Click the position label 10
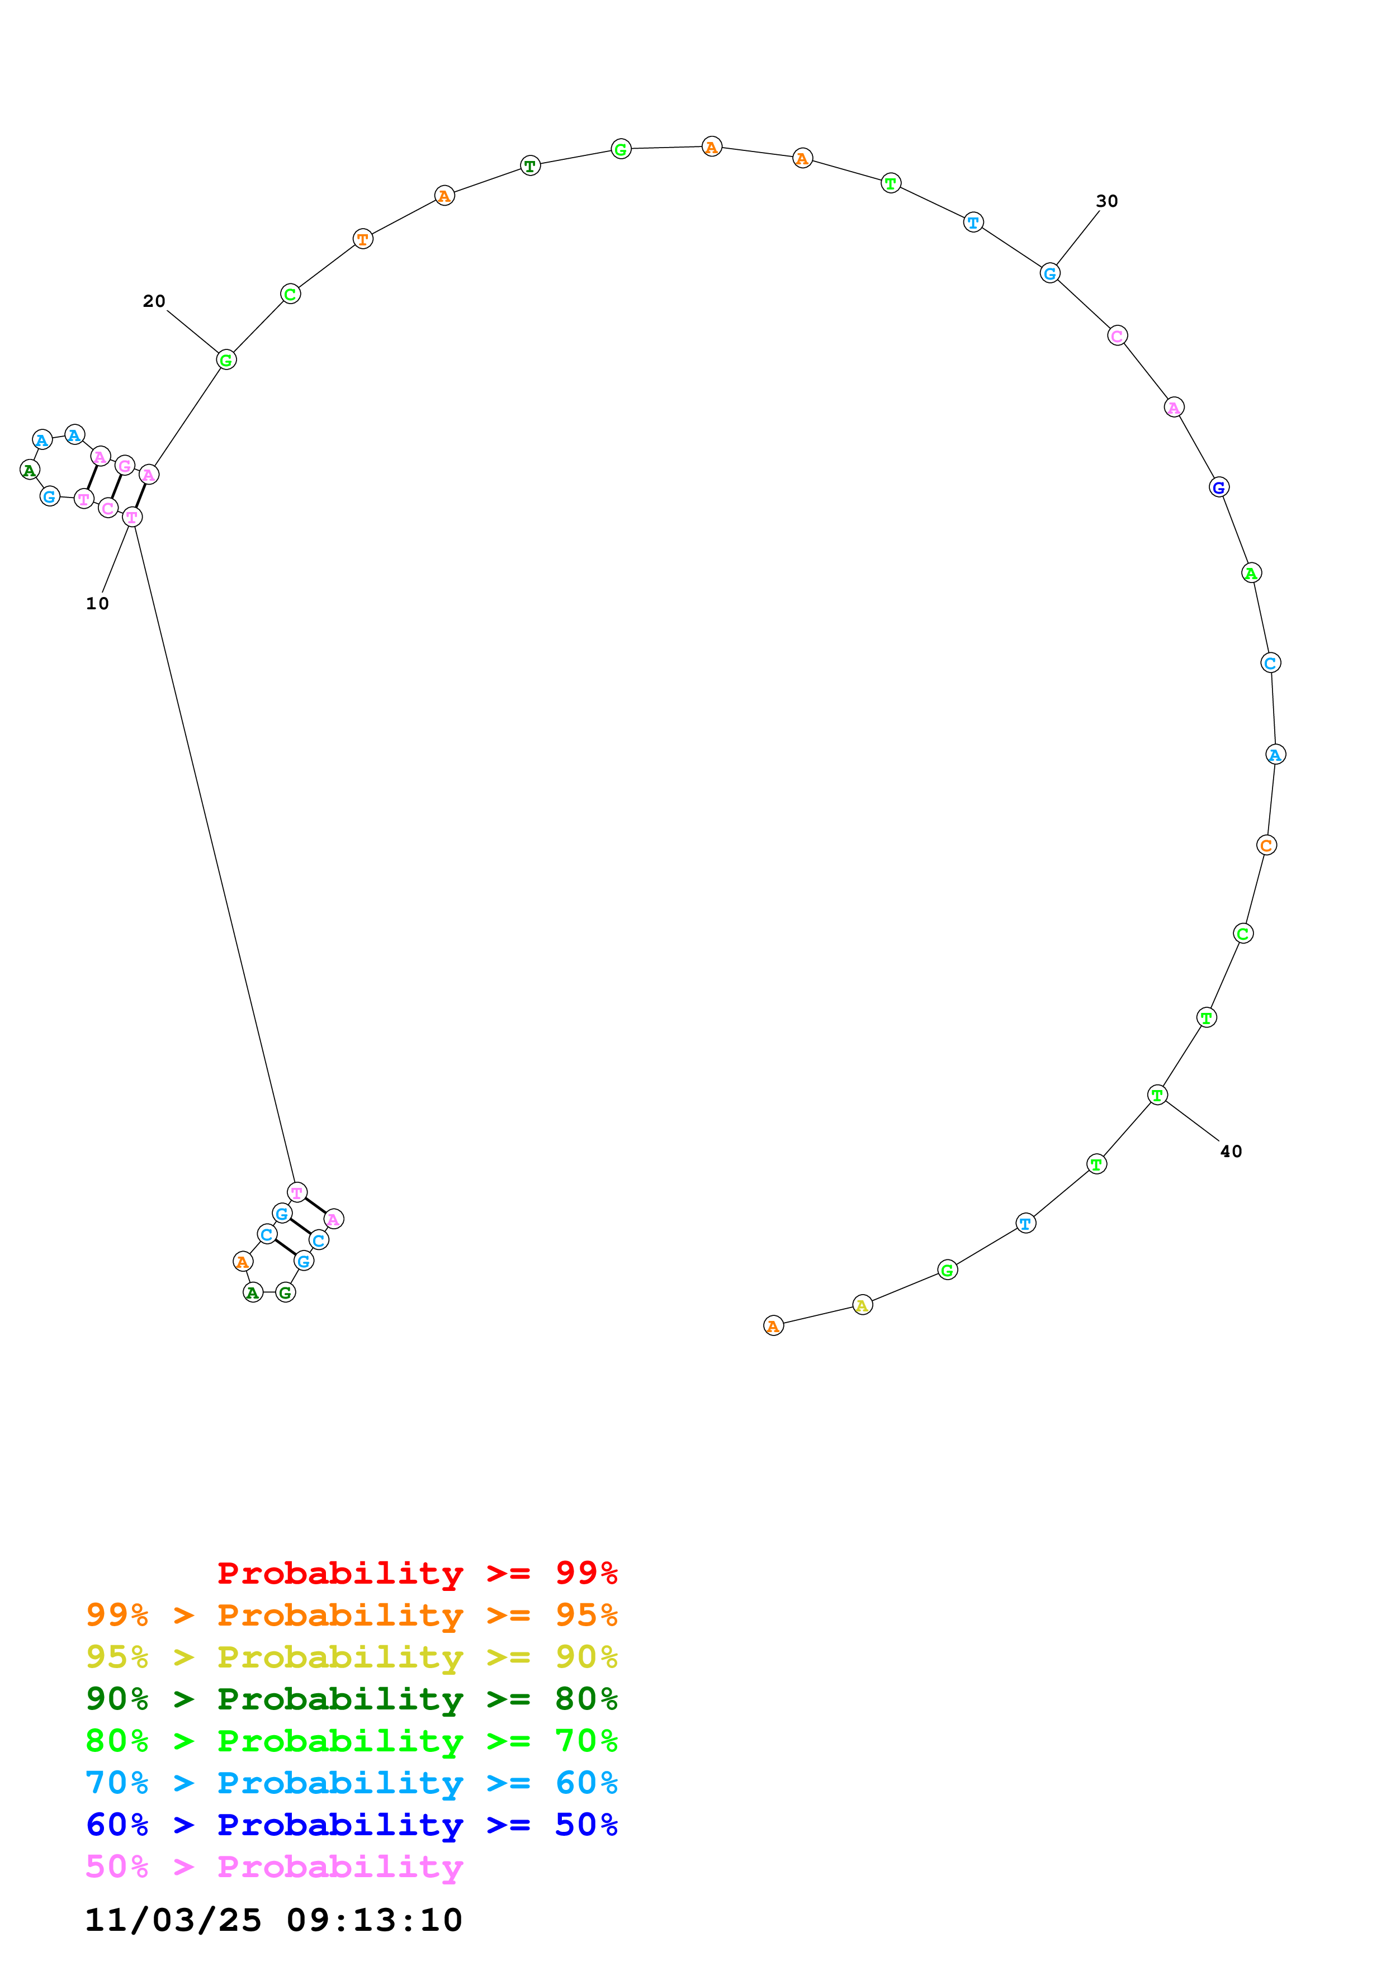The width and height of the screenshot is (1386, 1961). [x=97, y=604]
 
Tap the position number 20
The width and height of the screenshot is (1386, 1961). [x=154, y=301]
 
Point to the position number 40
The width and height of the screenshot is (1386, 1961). [x=1231, y=1152]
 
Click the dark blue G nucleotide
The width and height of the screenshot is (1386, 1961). [x=1219, y=487]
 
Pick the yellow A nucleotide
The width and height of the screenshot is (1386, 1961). [x=863, y=1305]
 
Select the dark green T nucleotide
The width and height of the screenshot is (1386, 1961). [x=531, y=165]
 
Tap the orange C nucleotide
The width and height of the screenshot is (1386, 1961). [x=1266, y=846]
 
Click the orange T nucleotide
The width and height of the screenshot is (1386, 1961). [x=363, y=239]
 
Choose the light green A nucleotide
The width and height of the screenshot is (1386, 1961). [x=1251, y=573]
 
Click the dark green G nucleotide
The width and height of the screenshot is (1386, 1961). [x=285, y=1293]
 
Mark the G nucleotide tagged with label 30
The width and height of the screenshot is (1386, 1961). [x=1049, y=273]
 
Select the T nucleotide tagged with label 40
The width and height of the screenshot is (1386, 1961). [x=1157, y=1095]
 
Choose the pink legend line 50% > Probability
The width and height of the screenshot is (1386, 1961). [x=274, y=1867]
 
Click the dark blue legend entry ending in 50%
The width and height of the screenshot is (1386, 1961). [x=351, y=1825]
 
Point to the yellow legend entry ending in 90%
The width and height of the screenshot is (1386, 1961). [x=351, y=1657]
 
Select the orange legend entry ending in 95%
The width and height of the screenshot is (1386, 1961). [x=351, y=1615]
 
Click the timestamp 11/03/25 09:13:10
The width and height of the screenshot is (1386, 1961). [x=273, y=1920]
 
